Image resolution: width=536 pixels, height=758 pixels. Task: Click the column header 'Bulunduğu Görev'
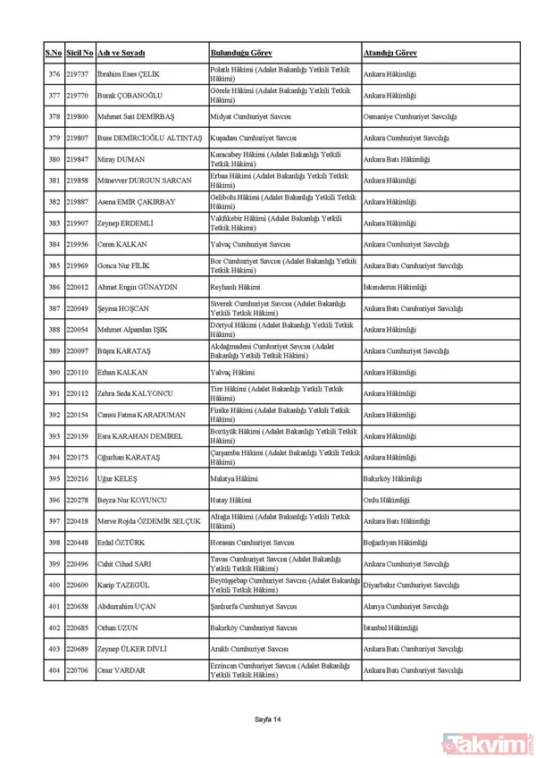pos(241,54)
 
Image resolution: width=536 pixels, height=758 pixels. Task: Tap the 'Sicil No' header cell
pos(80,54)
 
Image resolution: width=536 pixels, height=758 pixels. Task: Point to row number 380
pos(54,159)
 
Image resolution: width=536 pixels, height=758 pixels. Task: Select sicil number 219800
pos(78,117)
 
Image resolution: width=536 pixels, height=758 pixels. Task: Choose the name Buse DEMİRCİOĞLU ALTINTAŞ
pos(148,139)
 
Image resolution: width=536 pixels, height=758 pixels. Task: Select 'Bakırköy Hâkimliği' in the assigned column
pos(393,479)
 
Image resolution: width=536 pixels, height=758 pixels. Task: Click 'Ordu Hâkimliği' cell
pos(386,500)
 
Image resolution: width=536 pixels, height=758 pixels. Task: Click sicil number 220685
pos(78,627)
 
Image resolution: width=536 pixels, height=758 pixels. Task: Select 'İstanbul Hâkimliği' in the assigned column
pos(391,627)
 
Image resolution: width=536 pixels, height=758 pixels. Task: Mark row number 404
pos(54,670)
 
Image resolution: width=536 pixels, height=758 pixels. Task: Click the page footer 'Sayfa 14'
pos(267,719)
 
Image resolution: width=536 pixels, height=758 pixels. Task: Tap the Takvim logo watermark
pos(488,741)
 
